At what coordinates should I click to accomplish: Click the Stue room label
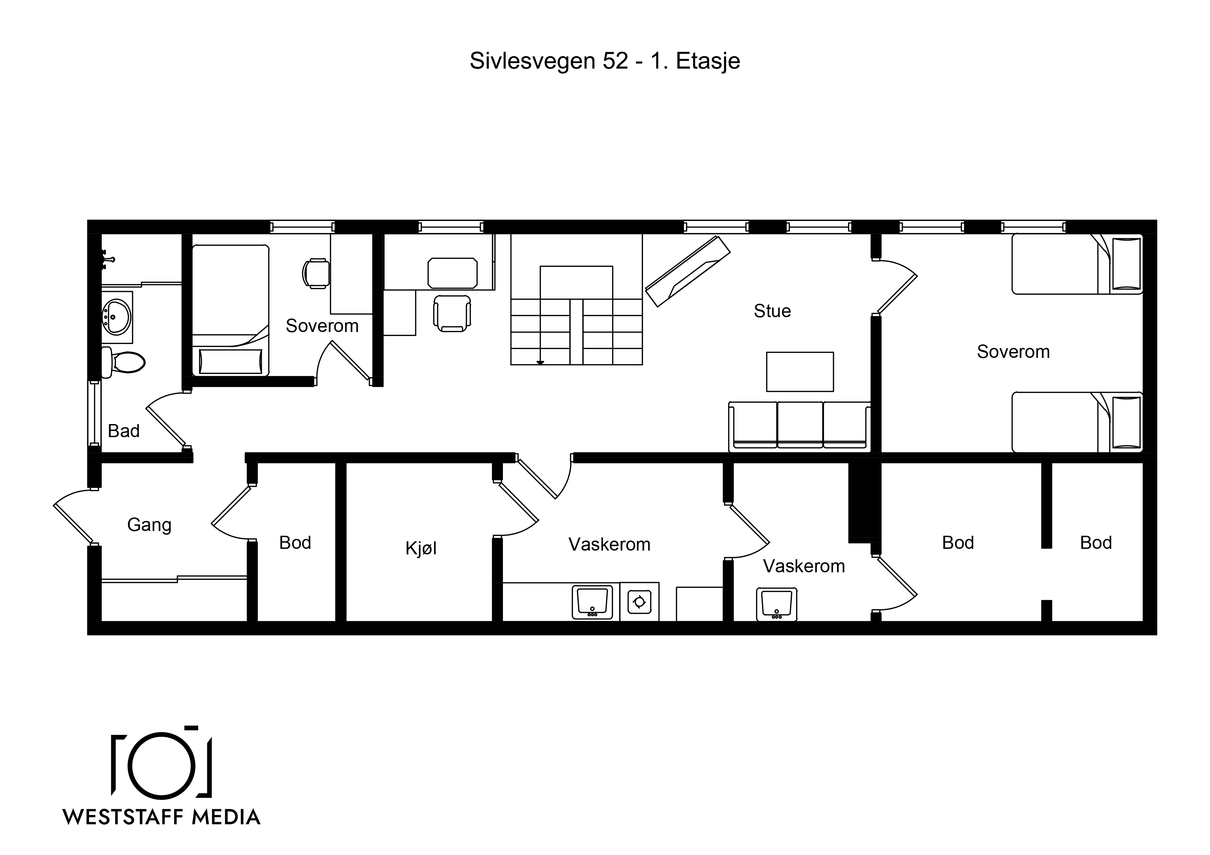772,311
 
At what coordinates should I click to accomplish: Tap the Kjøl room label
421,549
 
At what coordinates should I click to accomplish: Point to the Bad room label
124,431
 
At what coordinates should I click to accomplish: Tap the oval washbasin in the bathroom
117,317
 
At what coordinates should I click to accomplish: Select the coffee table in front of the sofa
800,372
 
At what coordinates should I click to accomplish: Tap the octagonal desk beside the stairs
453,273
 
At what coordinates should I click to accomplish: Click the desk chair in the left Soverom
316,273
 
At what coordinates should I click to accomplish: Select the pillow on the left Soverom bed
231,361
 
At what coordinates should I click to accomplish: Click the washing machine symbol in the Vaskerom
639,602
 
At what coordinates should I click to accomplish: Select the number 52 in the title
616,61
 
